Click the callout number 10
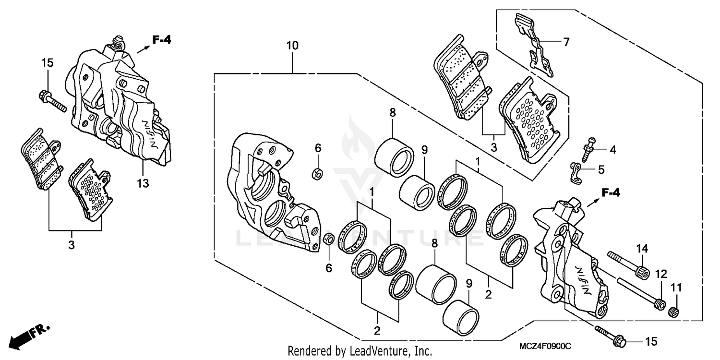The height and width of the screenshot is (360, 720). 292,46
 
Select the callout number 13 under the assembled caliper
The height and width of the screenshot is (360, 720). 143,183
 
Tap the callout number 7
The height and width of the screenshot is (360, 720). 566,42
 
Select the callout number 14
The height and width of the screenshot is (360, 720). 643,249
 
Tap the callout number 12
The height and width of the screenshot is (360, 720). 661,274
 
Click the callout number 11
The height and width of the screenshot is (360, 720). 676,288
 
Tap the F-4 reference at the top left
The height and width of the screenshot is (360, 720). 161,40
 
